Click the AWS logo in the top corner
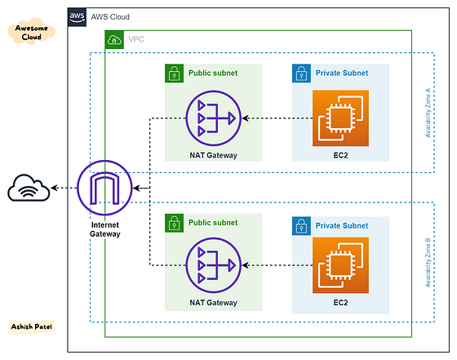pos(78,16)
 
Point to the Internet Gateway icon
pos(104,188)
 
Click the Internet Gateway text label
pos(104,229)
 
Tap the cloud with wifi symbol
pos(29,189)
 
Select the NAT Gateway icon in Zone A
pos(211,118)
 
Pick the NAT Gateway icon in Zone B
pos(211,266)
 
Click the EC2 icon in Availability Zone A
pos(340,118)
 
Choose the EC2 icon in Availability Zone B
pos(340,266)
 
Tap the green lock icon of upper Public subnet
pos(173,73)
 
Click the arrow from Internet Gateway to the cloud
pos(64,189)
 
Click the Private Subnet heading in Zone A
pos(341,73)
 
